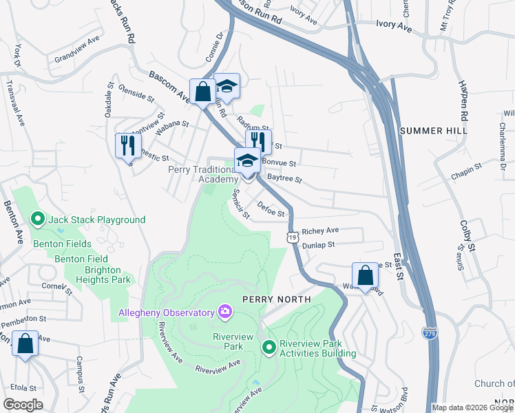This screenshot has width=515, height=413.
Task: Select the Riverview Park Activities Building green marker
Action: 269,347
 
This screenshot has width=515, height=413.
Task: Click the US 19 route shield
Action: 293,237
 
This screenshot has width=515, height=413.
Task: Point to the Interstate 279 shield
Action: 430,332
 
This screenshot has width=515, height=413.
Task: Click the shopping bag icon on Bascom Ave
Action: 202,91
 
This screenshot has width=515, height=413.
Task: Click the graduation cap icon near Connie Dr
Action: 227,86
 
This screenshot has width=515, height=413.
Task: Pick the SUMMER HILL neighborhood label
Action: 433,130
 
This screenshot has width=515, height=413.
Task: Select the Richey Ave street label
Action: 321,230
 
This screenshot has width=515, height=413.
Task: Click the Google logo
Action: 23,405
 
